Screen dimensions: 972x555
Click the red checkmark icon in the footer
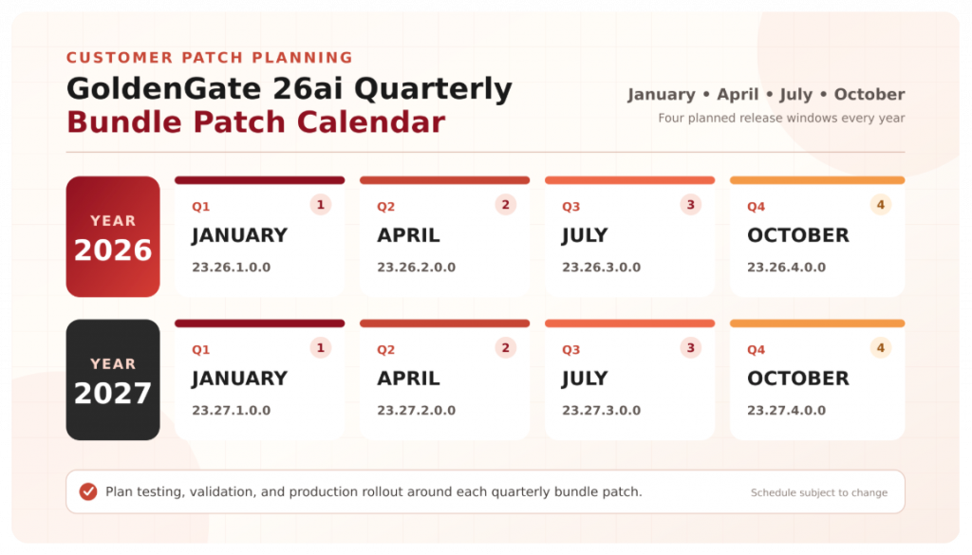88,491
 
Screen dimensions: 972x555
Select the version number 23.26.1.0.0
232,267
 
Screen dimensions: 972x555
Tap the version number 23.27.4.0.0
786,410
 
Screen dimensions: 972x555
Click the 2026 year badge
113,236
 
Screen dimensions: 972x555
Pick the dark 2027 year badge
113,379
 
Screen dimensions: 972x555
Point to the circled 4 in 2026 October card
880,204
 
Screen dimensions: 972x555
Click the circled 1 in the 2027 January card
321,347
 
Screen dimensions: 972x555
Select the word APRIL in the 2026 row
408,235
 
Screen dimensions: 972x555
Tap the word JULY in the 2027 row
585,379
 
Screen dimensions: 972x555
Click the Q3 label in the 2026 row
570,207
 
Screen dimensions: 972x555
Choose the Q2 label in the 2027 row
385,350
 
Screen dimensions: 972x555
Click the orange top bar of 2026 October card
817,180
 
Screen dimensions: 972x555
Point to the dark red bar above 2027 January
260,324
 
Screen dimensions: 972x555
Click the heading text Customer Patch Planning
210,58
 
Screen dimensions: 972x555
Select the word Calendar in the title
371,121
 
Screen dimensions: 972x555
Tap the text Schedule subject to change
819,492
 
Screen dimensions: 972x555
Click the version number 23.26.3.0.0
601,267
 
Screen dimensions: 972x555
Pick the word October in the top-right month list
869,94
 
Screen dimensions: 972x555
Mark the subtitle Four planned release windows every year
781,119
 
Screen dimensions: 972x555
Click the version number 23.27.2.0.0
416,410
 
